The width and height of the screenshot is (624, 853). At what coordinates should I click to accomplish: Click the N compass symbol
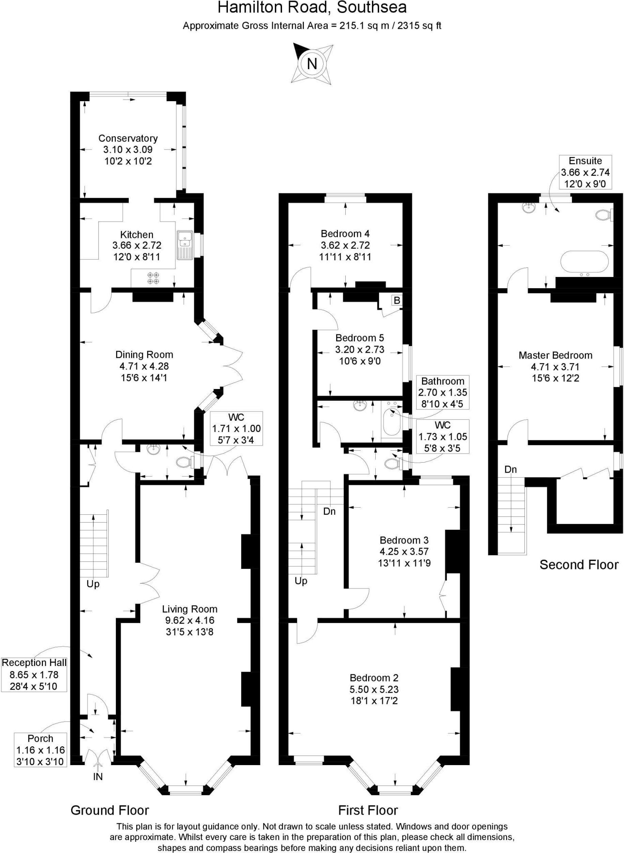click(312, 64)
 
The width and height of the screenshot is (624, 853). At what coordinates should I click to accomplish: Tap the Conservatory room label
click(128, 138)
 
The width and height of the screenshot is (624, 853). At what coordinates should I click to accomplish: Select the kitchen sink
click(184, 245)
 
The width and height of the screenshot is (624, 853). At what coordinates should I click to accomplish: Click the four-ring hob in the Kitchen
click(153, 278)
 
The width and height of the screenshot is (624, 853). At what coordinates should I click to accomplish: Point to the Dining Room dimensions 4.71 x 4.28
click(144, 367)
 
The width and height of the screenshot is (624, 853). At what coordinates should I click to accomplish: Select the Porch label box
click(40, 750)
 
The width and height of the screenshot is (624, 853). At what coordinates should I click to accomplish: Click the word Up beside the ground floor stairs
click(93, 584)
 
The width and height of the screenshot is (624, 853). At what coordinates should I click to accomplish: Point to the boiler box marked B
click(397, 300)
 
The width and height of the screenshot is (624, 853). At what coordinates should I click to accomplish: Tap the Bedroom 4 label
click(345, 234)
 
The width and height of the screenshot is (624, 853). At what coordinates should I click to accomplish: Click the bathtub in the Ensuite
click(584, 262)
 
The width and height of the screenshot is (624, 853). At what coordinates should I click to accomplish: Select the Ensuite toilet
click(603, 215)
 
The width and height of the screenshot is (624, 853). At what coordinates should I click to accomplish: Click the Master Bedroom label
click(555, 355)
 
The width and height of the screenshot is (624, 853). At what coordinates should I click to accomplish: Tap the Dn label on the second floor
click(510, 469)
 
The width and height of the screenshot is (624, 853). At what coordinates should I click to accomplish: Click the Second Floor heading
click(579, 565)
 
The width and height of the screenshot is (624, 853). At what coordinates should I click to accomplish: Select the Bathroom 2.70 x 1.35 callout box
click(442, 392)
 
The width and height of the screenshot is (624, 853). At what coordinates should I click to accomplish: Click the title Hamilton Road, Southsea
click(312, 7)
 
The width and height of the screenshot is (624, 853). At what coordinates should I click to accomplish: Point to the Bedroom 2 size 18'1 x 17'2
click(374, 701)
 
